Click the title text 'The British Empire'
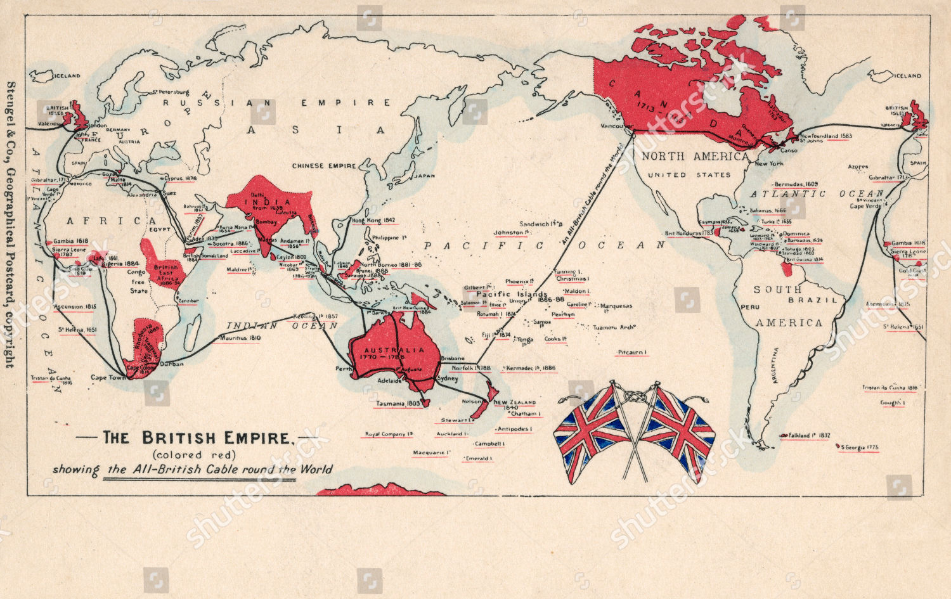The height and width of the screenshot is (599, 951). (x=196, y=438)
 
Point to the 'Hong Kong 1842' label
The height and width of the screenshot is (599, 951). (x=373, y=221)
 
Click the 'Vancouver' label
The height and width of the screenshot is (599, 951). (x=617, y=126)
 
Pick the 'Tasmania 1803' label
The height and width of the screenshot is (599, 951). (x=398, y=403)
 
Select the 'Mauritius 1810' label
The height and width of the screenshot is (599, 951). (x=240, y=338)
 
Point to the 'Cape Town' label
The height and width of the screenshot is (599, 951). (x=108, y=377)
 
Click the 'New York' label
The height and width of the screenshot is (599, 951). (x=769, y=164)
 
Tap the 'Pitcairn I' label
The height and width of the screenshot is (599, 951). (x=631, y=352)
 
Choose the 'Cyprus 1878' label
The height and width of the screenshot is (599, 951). (x=180, y=179)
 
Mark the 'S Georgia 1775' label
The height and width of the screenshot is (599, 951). (x=860, y=448)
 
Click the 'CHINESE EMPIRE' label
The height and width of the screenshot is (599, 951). (x=324, y=166)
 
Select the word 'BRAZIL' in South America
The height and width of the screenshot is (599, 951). (x=813, y=300)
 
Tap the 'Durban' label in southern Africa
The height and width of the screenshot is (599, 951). (x=172, y=364)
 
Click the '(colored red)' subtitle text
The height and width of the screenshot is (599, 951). (x=193, y=454)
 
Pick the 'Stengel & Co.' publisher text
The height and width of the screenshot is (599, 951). (x=10, y=120)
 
